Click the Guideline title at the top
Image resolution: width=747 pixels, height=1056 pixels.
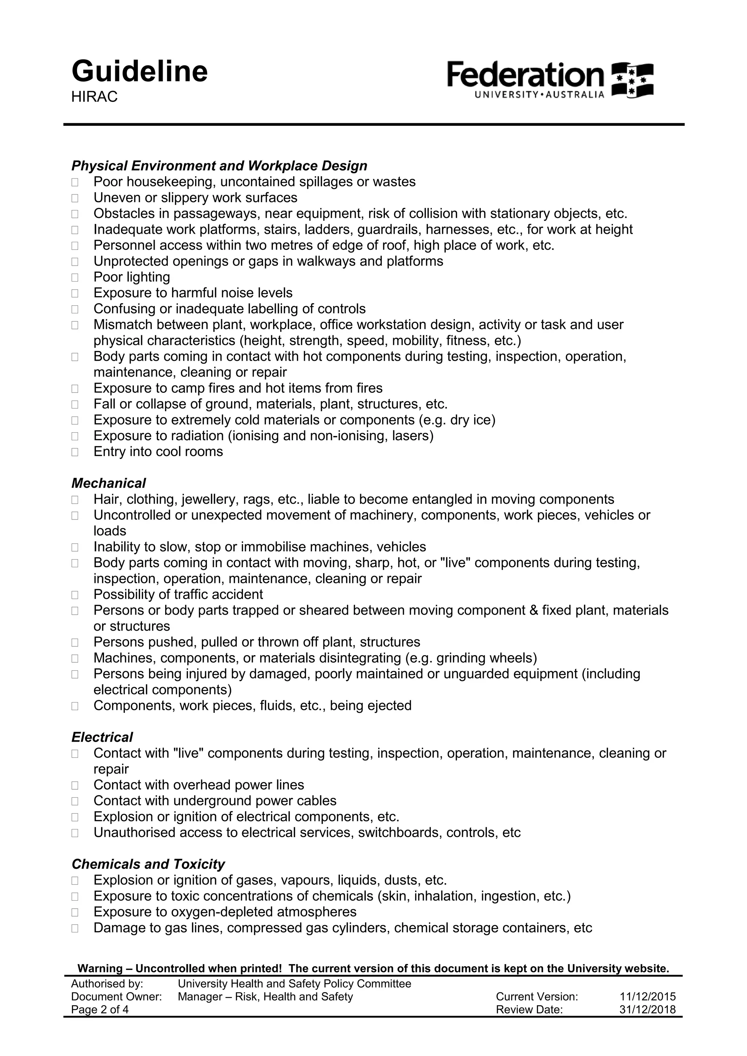coord(139,72)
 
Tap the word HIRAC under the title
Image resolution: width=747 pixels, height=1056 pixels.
coord(94,97)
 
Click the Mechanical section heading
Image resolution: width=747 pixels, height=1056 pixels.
coord(109,483)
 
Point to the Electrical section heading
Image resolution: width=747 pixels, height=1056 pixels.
coord(102,737)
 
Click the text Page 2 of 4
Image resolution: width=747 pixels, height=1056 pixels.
coord(100,1010)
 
